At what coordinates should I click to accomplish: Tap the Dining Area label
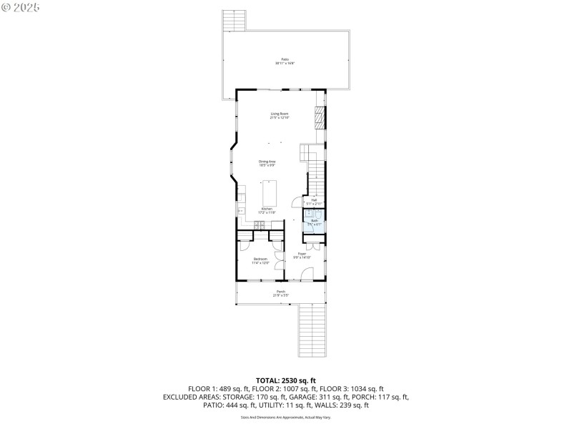[x=267, y=163]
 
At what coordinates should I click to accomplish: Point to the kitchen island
[x=270, y=193]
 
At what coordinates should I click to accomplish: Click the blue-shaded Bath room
[x=315, y=220]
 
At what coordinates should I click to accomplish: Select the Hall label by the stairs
[x=314, y=202]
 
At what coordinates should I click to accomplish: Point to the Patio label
[x=285, y=61]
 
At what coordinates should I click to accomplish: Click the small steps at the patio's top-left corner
[x=235, y=21]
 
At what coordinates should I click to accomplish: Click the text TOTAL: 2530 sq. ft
[x=285, y=380]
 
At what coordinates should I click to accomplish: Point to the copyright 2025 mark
[x=21, y=6]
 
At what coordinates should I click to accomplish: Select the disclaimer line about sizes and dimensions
[x=285, y=417]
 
